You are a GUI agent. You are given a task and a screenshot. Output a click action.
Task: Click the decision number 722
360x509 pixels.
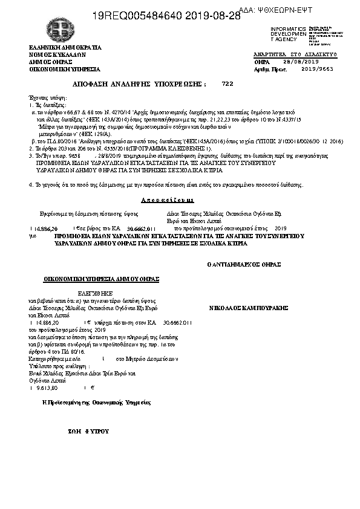pyautogui.click(x=227, y=83)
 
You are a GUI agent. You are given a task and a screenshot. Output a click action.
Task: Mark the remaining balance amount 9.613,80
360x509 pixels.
pyautogui.click(x=46, y=388)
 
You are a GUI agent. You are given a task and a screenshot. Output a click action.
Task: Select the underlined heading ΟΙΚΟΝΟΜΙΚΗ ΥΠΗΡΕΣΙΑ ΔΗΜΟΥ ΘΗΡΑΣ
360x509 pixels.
pyautogui.click(x=101, y=279)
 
